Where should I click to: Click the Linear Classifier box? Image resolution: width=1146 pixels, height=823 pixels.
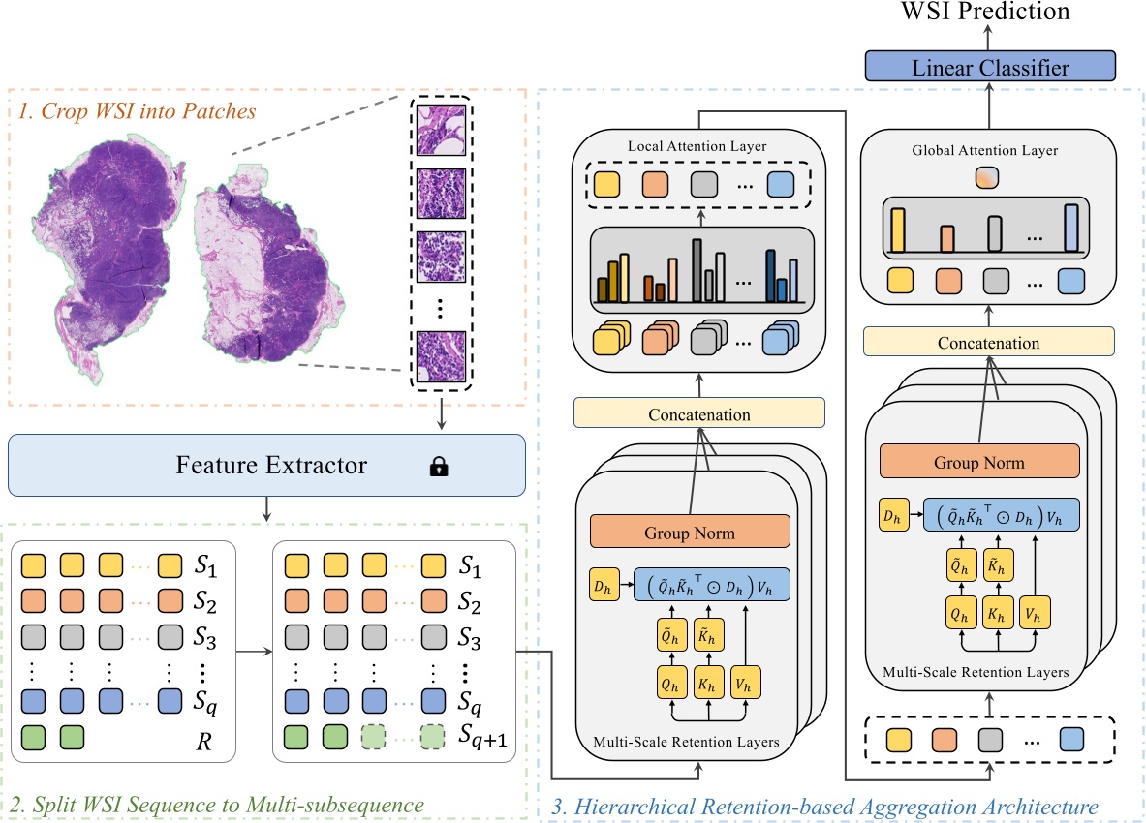pos(990,67)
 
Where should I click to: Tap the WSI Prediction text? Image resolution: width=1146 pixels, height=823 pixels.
pos(985,11)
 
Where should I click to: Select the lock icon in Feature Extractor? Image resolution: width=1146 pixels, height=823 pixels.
pos(439,466)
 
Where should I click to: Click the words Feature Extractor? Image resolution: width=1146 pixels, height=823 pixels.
pos(271,465)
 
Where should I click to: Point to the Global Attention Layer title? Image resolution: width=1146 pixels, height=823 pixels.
pos(984,150)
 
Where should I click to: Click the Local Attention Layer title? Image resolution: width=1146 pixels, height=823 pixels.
pos(697,146)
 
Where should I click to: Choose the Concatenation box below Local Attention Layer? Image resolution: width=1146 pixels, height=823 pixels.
pos(699,413)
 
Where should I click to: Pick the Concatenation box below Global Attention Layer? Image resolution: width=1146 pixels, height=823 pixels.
pos(989,342)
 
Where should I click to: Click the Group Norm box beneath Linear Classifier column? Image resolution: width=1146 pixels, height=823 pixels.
pos(979,462)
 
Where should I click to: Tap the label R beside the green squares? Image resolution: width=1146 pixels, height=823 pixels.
pos(203,742)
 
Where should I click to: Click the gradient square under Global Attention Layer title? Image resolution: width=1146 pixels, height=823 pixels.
pos(987,178)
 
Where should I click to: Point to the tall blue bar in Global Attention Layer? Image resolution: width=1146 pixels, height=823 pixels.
pos(1071,228)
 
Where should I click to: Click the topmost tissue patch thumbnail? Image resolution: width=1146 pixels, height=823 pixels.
pos(441,130)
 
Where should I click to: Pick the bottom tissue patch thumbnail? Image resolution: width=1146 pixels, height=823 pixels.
pos(441,356)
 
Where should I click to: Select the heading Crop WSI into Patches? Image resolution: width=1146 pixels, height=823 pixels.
pos(137,111)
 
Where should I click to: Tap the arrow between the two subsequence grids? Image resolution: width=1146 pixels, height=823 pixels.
pos(255,652)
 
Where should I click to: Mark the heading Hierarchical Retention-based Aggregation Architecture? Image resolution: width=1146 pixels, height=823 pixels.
pos(824,807)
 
